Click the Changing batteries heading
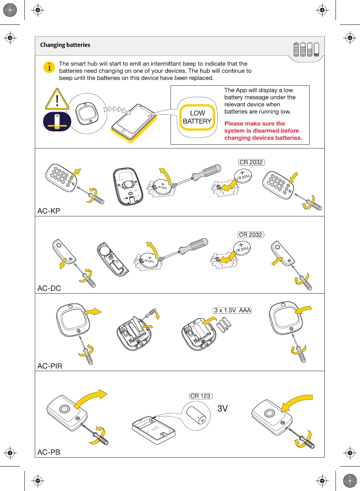coord(65,45)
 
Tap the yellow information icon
coord(49,67)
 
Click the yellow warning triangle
coord(57,99)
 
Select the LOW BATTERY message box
coord(197,117)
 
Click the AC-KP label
coord(49,211)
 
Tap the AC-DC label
coord(49,288)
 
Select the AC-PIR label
coord(50,366)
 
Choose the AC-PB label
coord(49,452)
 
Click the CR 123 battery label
coord(201,396)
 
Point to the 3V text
coord(222,409)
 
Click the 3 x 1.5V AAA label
coord(232,310)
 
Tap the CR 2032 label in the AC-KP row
coord(251,162)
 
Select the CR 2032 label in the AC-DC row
coord(251,235)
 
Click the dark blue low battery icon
coord(57,121)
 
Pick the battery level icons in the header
coord(306,49)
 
